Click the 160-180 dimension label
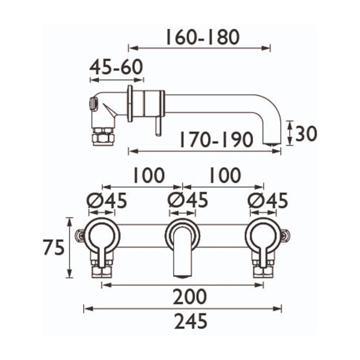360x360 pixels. coord(202,37)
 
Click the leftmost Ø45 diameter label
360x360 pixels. coord(106,200)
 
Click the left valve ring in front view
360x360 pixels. coord(101,235)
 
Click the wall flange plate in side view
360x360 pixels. coord(130,104)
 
